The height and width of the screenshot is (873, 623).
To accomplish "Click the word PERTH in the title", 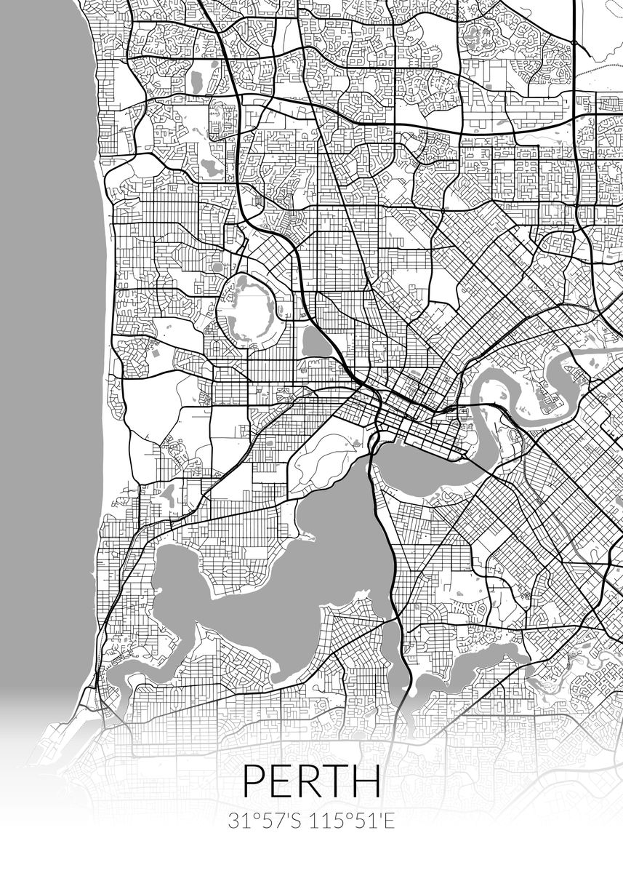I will tap(311, 781).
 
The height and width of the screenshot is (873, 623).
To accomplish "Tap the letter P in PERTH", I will tap(254, 781).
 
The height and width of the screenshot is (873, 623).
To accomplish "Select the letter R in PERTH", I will tap(308, 781).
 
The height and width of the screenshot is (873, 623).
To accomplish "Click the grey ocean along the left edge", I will tap(44, 291).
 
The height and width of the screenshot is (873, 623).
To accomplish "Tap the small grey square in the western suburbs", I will tap(155, 352).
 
